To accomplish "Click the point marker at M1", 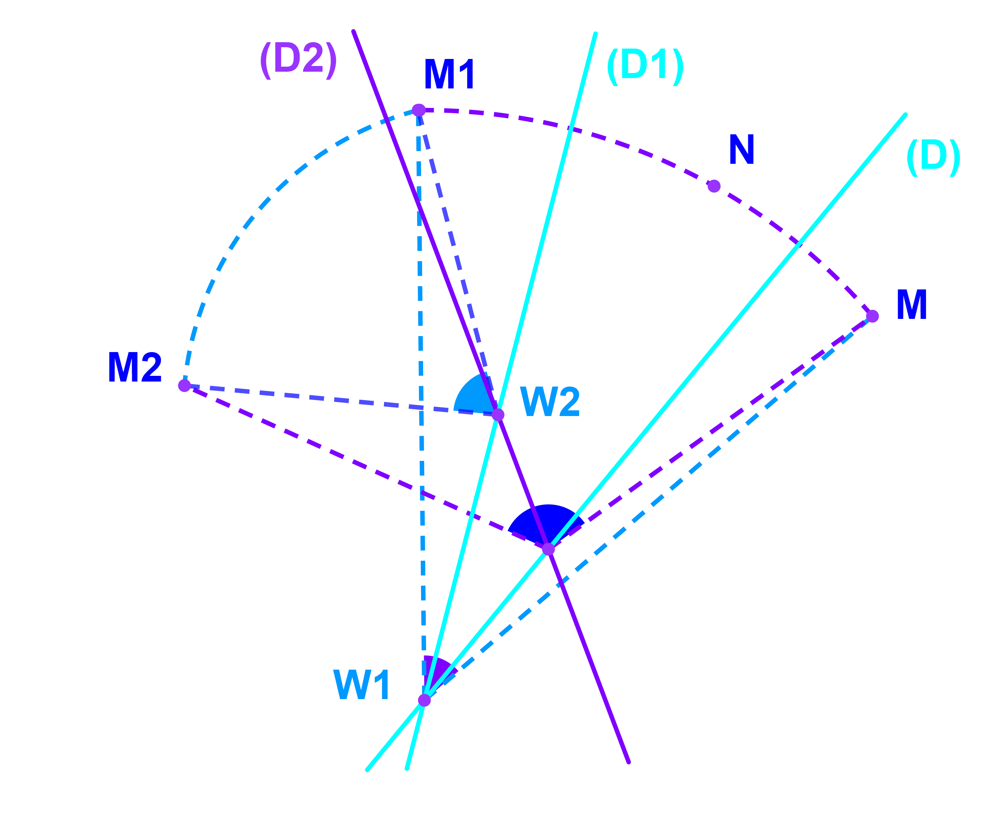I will (418, 110).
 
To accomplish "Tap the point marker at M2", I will (184, 386).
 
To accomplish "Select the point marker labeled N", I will (713, 186).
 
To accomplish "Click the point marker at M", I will (872, 316).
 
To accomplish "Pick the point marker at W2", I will (497, 414).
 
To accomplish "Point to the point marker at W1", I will (424, 700).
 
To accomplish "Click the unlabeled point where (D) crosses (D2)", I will (548, 549).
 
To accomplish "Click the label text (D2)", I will (298, 60).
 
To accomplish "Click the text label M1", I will (449, 74).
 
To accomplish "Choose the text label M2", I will (135, 367).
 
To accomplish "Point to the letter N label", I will (741, 149).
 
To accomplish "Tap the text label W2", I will (550, 401).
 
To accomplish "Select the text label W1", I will (361, 685).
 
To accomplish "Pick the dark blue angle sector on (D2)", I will (546, 523).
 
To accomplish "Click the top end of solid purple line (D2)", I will (354, 31).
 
